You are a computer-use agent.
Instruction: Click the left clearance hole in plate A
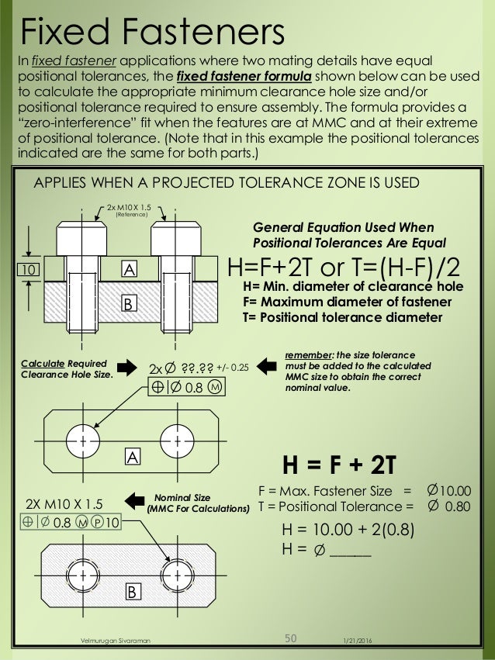tap(81, 440)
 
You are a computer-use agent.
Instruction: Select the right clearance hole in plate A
tap(178, 440)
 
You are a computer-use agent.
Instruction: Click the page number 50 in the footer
tap(291, 638)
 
